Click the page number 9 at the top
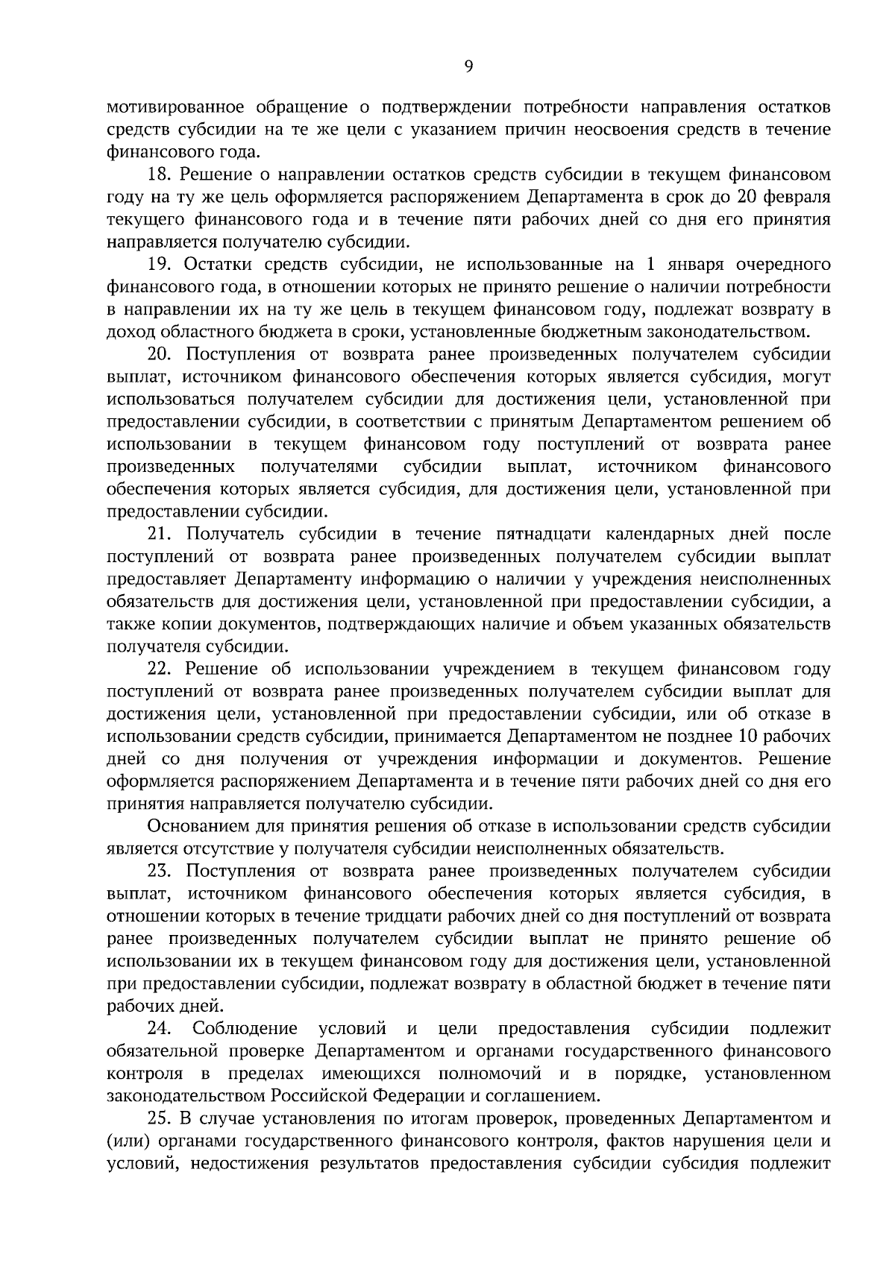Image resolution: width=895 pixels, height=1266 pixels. (468, 67)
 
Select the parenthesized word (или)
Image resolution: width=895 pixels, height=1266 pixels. (125, 1141)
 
